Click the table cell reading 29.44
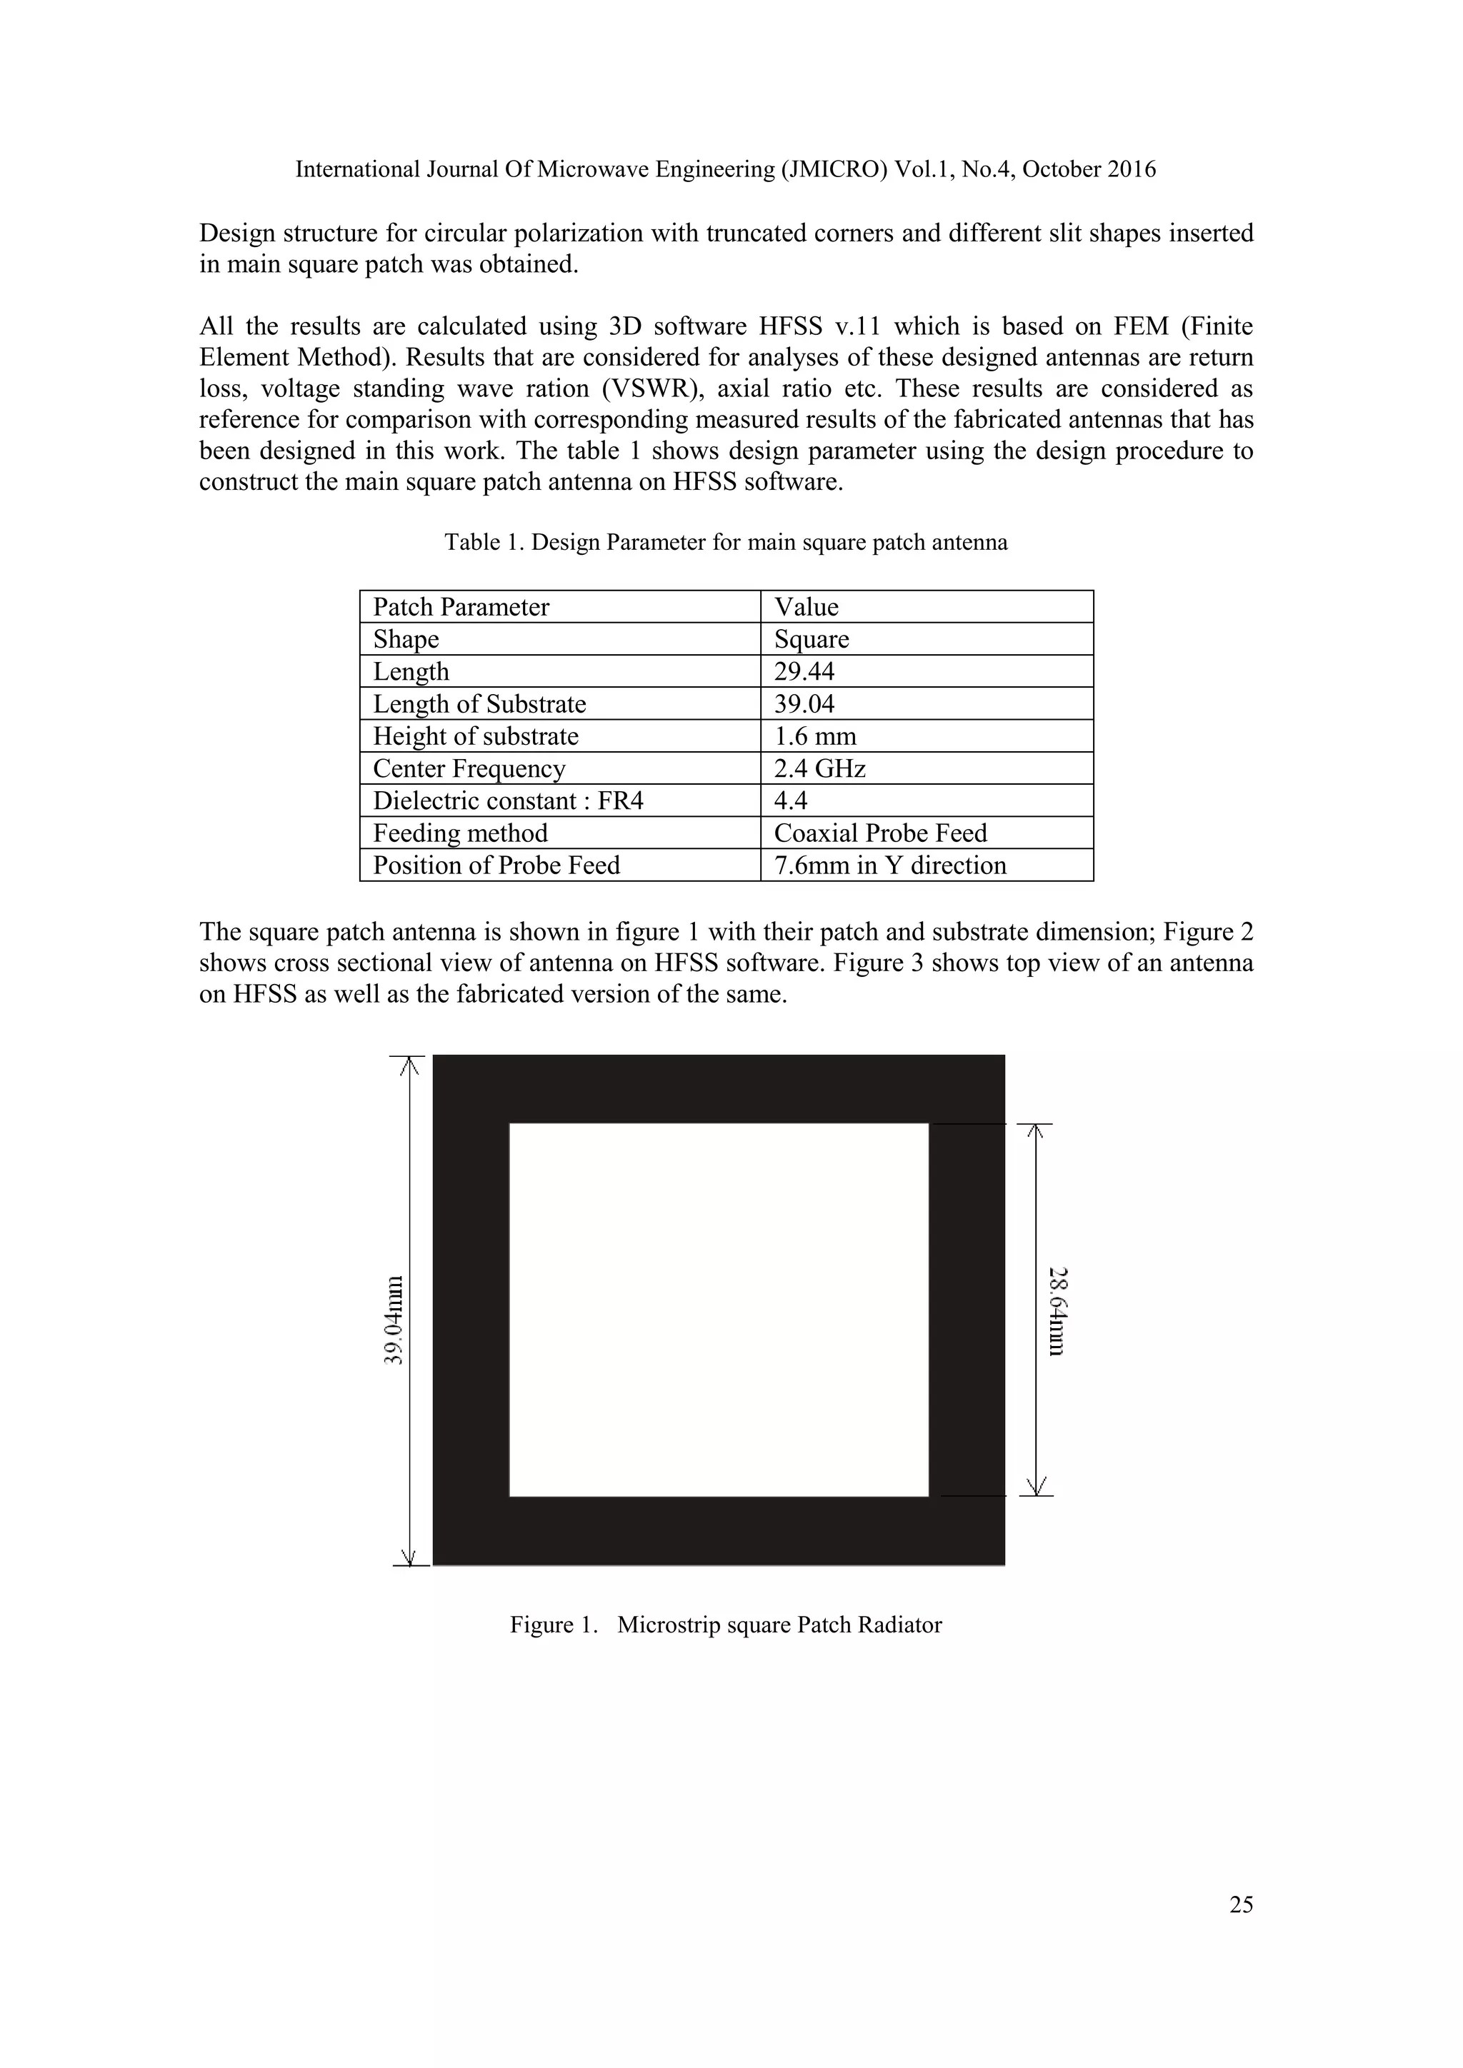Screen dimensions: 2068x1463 [x=804, y=671]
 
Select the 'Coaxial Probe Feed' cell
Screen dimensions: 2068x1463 [x=880, y=833]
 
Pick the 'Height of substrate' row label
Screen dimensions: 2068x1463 [x=476, y=736]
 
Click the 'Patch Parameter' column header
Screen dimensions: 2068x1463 [x=461, y=607]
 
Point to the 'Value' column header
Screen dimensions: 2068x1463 [x=807, y=607]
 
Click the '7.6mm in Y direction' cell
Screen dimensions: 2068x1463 [x=889, y=865]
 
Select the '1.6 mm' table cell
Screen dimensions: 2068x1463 [x=814, y=736]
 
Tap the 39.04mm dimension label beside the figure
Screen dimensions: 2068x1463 [x=394, y=1320]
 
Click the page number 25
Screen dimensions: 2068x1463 [x=1241, y=1904]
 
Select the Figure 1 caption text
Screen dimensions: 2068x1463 [x=725, y=1625]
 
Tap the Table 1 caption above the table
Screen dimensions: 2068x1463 [x=725, y=542]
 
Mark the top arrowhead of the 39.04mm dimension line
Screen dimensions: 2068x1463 [x=410, y=1065]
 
